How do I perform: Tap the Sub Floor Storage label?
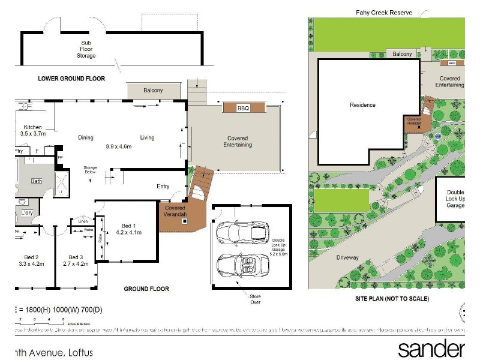(88, 49)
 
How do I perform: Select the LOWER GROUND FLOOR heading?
(71, 79)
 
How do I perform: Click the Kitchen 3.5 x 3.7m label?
(32, 131)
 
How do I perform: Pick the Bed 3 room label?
(76, 260)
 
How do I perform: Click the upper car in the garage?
(243, 232)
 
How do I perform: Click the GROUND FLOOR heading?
(146, 289)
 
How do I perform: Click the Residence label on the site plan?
(362, 105)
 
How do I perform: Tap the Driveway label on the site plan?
(347, 258)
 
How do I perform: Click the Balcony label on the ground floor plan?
(153, 91)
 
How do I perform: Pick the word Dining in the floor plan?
(86, 137)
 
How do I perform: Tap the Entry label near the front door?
(163, 187)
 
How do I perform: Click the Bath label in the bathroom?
(37, 181)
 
